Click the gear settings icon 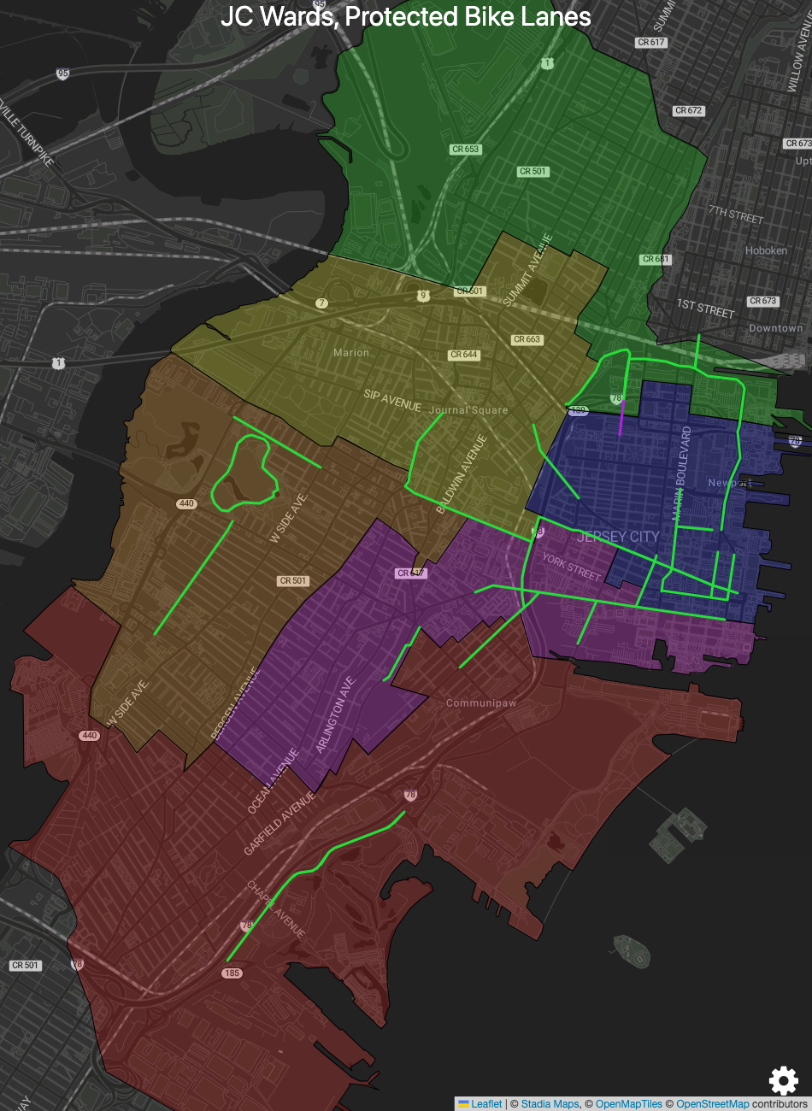pos(783,1080)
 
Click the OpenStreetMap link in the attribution pos(712,1103)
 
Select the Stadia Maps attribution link pos(550,1103)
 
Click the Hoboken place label pos(766,250)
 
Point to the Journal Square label pos(468,410)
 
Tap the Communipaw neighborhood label pos(481,703)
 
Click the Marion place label pos(351,352)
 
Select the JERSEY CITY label pos(617,537)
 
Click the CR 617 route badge pos(650,42)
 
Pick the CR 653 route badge pos(466,150)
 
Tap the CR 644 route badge pos(464,355)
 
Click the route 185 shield pos(232,973)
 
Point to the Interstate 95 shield pos(62,73)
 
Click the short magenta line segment pos(621,418)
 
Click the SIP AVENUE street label pos(392,400)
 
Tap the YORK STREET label pos(572,567)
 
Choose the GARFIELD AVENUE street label pos(279,823)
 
